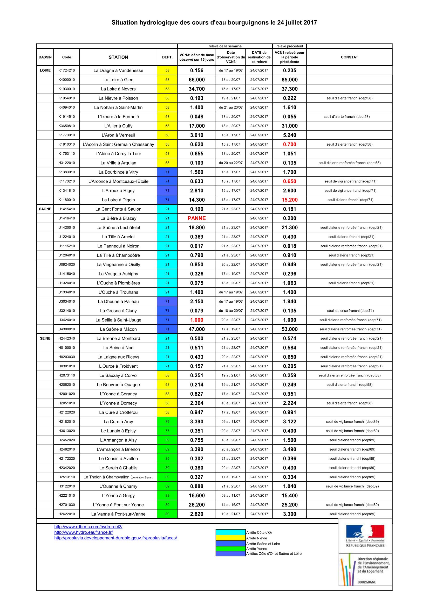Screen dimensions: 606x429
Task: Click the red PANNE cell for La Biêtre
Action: click(x=196, y=218)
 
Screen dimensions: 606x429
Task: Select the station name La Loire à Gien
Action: click(x=118, y=80)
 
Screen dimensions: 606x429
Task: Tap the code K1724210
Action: click(x=67, y=70)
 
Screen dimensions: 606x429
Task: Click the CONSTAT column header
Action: click(x=349, y=57)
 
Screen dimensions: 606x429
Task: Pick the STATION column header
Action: click(x=118, y=57)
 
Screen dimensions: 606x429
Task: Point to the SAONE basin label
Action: click(x=45, y=209)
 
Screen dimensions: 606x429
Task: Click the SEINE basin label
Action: click(x=45, y=338)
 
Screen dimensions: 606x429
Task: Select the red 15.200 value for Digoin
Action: click(x=289, y=200)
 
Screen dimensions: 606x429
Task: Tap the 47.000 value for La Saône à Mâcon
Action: click(x=196, y=329)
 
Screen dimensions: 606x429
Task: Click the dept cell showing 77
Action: click(x=167, y=431)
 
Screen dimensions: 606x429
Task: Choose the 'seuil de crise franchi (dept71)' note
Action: click(x=350, y=311)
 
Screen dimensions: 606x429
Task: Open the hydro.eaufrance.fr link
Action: click(x=84, y=532)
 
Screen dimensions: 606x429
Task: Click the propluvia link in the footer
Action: click(x=115, y=538)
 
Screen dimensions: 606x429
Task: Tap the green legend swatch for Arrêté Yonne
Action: click(x=230, y=549)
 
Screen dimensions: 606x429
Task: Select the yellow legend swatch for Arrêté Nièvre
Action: click(x=230, y=538)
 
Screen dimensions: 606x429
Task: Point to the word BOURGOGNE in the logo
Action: click(x=366, y=582)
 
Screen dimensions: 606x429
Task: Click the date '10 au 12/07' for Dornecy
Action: click(x=231, y=403)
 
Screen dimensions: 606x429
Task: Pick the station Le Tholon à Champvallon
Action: click(x=118, y=477)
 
